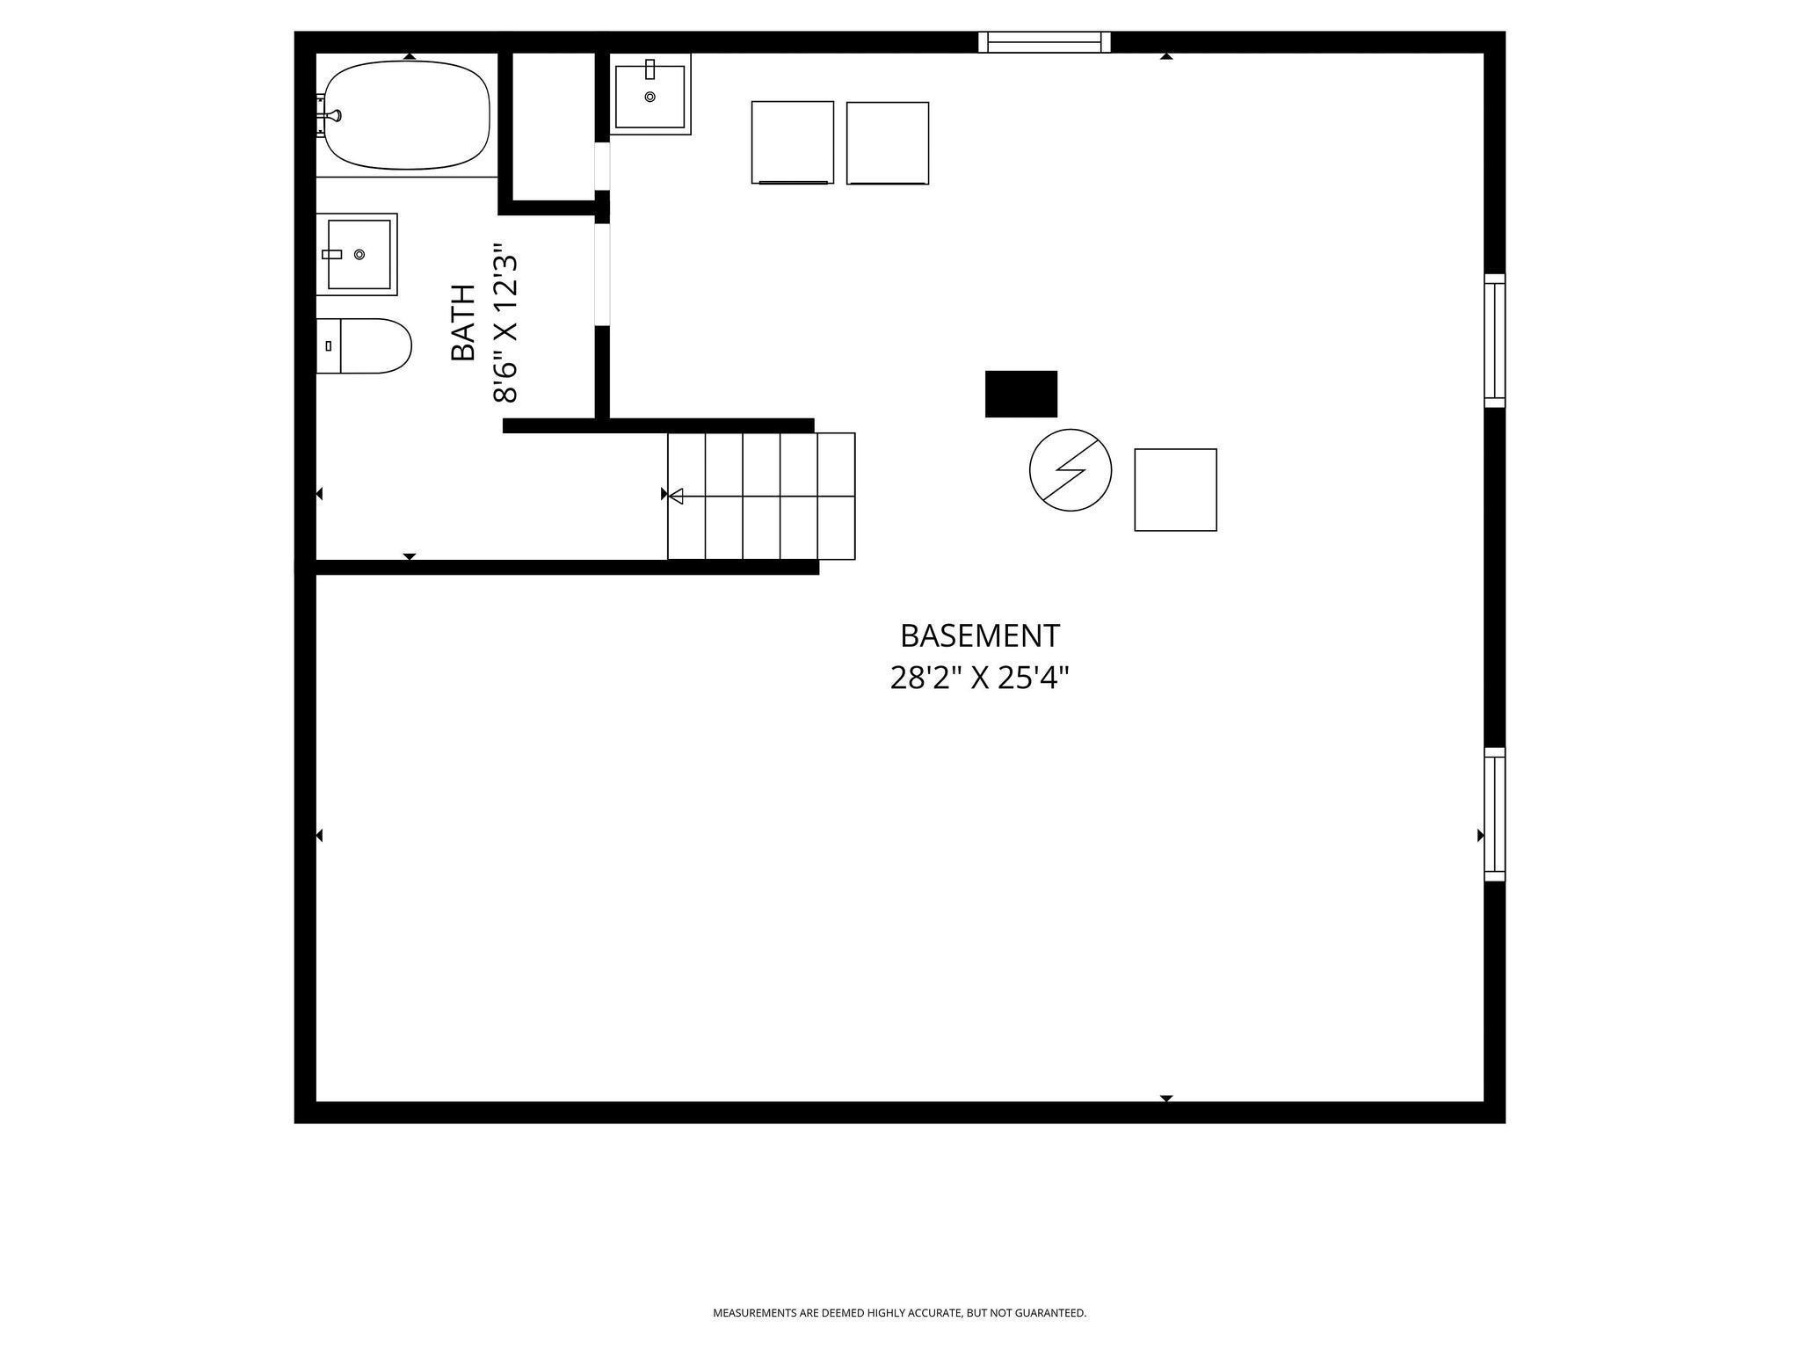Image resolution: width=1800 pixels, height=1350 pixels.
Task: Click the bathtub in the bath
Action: coord(407,115)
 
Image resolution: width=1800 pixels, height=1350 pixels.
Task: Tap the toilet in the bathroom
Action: coord(364,345)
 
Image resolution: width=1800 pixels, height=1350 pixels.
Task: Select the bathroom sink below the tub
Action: coord(357,254)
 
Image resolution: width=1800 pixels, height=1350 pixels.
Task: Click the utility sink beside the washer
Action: coord(650,94)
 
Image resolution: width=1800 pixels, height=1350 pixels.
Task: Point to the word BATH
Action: coord(463,323)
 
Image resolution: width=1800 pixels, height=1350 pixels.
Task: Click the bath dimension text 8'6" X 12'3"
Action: coord(505,323)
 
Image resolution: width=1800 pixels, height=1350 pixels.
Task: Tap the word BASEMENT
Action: coord(980,635)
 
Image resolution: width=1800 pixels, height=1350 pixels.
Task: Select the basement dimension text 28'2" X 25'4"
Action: coord(980,678)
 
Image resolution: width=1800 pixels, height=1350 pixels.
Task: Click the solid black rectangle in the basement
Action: coord(1021,394)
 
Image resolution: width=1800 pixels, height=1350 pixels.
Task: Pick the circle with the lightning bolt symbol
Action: coord(1071,470)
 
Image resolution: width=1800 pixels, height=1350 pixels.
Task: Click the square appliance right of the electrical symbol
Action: coord(1176,490)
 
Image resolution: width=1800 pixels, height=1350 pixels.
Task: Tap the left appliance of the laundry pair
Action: coord(793,142)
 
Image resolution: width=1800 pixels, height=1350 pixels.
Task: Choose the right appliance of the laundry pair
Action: coord(888,143)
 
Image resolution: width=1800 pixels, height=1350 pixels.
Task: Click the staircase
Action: coord(761,496)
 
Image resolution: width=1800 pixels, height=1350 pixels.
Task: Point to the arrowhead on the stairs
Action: coord(676,497)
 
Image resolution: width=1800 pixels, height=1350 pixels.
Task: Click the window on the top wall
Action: coord(1045,42)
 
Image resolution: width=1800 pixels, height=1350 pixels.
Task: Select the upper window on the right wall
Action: coord(1495,340)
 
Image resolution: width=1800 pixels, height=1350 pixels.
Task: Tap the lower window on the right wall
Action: coord(1495,814)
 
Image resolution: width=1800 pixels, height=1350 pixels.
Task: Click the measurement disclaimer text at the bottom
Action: coord(899,1313)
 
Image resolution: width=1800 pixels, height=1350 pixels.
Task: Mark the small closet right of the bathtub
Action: coord(554,127)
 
